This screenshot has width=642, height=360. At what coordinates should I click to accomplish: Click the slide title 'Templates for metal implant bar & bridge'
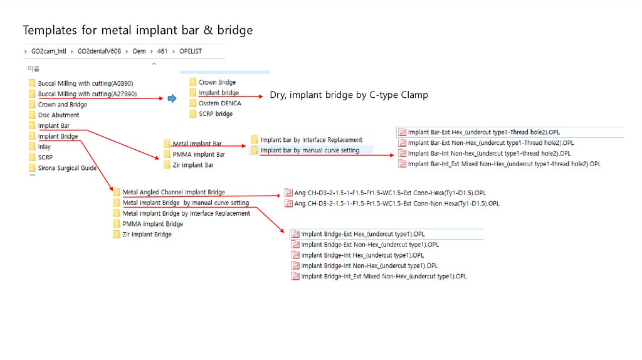(138, 30)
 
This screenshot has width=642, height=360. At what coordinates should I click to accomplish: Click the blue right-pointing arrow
(172, 98)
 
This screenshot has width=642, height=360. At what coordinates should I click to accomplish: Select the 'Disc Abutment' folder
(58, 115)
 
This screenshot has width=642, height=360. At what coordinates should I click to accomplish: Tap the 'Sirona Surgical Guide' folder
(67, 168)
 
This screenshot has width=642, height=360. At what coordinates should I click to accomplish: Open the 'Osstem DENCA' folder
(219, 103)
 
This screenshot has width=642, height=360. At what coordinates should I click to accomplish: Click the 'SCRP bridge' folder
(216, 114)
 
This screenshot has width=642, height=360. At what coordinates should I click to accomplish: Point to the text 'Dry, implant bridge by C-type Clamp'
(349, 95)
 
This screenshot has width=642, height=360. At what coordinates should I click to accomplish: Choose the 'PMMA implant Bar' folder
(199, 154)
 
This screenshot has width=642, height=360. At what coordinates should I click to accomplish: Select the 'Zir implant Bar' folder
(193, 165)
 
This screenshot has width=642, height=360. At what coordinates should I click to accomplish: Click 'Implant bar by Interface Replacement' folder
(311, 140)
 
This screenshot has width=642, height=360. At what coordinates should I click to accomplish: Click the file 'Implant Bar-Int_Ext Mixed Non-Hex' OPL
(504, 164)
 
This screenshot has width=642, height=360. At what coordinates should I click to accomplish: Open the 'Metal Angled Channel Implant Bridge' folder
(174, 192)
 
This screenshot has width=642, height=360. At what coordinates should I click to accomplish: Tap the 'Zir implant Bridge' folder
(147, 235)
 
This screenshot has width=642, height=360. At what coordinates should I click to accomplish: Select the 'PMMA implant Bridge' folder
(153, 224)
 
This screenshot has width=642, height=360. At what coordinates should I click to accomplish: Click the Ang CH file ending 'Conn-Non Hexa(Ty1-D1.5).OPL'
(397, 203)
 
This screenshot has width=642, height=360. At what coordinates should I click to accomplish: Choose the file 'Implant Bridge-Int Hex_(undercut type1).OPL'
(362, 255)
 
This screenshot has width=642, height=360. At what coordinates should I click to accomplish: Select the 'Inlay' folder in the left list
(45, 147)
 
